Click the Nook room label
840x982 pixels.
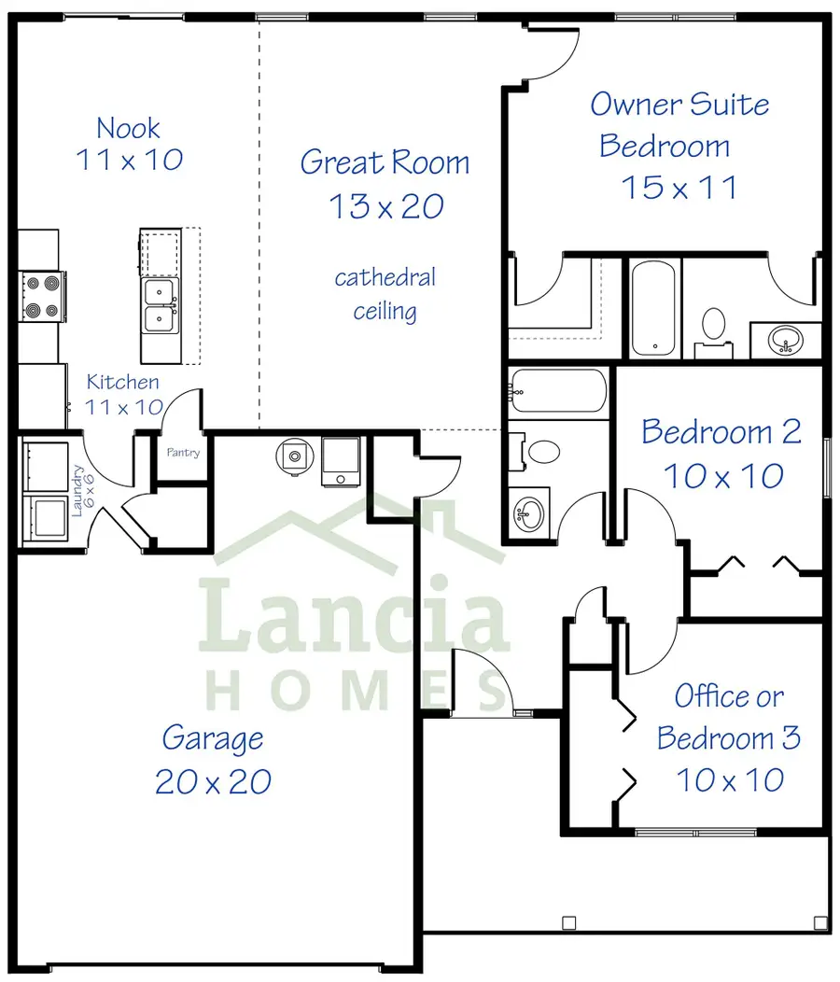pos(129,129)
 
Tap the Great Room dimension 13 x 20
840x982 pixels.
pos(386,206)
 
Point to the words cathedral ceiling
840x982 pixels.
pos(385,294)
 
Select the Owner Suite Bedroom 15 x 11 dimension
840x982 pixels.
pos(679,188)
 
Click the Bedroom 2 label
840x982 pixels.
pos(721,432)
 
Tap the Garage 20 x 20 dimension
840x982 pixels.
pos(213,781)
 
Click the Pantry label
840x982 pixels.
pos(183,452)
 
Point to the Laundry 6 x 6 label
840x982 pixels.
pos(82,490)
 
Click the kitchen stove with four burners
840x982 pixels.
pos(42,296)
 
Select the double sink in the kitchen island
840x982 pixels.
pos(160,305)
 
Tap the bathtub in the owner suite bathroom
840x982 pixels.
pos(652,308)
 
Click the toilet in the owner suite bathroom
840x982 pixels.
pos(713,332)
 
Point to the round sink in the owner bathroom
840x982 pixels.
pos(786,340)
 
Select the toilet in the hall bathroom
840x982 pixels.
pos(534,451)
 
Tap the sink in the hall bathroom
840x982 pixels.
pos(530,514)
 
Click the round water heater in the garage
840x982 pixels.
pos(294,456)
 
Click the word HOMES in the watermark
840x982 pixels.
pos(357,690)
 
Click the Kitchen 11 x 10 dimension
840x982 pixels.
pos(124,407)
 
